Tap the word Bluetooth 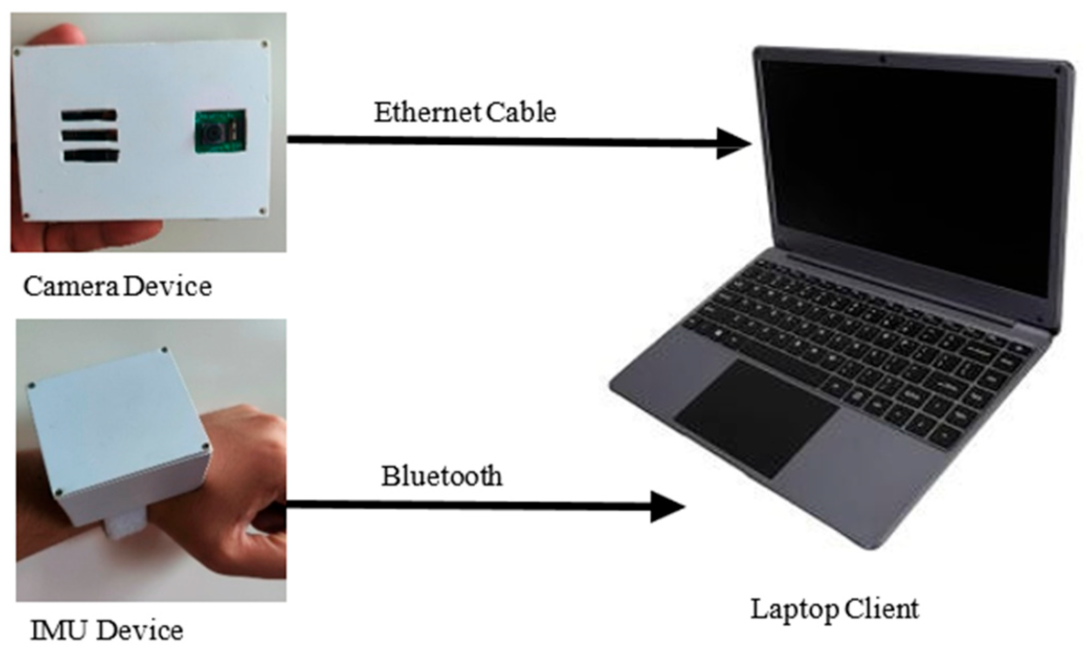[441, 476]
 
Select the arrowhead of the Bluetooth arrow [667, 506]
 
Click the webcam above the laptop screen [882, 59]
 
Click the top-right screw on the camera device [264, 44]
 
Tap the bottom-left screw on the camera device [28, 215]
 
